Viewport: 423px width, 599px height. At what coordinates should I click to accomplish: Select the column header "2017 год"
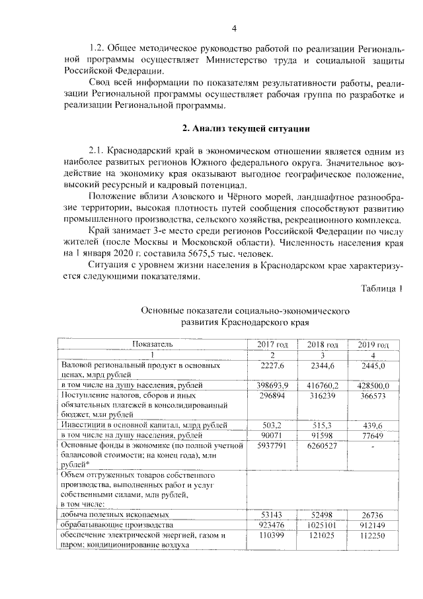coord(272,345)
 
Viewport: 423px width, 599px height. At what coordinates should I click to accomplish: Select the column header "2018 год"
coord(323,345)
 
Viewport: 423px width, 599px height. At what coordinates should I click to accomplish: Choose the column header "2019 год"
coord(373,345)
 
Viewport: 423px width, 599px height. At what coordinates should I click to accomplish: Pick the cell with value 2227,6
coord(272,365)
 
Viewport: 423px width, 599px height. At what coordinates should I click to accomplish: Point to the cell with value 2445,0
coord(373,365)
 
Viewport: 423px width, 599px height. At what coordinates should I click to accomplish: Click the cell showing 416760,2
coord(323,385)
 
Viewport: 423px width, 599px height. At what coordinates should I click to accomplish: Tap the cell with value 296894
coord(272,395)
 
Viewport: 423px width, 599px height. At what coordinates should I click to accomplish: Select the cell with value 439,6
coord(373,425)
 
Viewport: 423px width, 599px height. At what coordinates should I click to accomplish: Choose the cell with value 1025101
coord(323,524)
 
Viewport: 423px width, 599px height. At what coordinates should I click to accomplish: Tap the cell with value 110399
coord(272,534)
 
